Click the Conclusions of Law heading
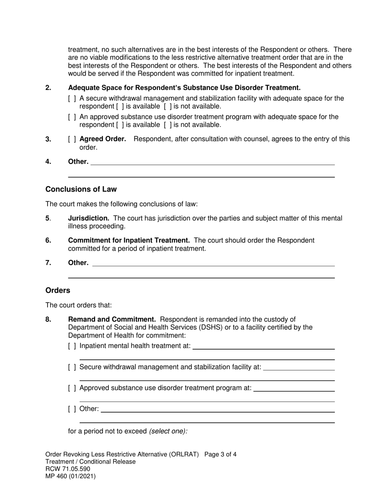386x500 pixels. (81, 189)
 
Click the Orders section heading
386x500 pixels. (58, 290)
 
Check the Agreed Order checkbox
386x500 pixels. (72, 139)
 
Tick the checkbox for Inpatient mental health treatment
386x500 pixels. (72, 346)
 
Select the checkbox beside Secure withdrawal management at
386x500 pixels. (72, 367)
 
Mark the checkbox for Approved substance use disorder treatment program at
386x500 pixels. (72, 388)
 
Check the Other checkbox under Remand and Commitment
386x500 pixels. (72, 409)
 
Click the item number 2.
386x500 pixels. (48, 88)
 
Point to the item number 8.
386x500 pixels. (48, 320)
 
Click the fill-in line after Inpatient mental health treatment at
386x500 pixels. (263, 348)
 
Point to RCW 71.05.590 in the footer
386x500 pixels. (68, 469)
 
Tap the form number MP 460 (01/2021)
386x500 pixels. (71, 476)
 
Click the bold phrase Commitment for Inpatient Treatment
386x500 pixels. (129, 240)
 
